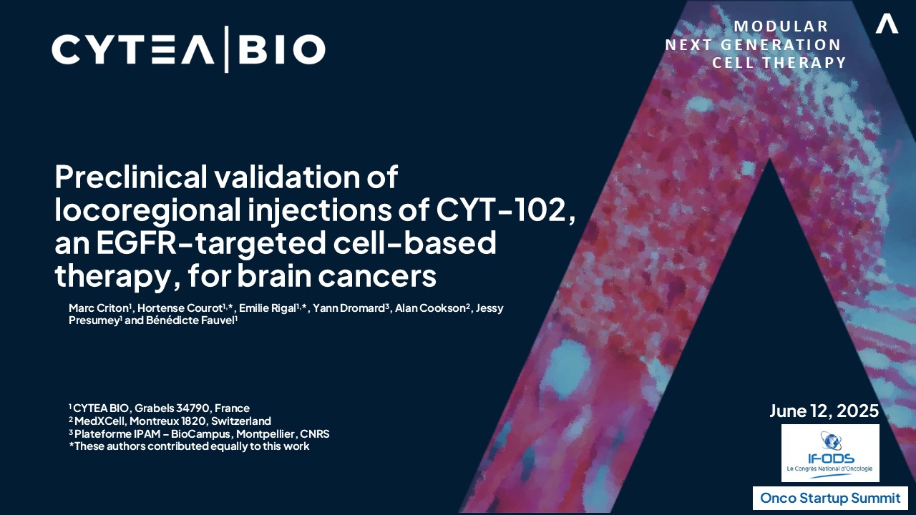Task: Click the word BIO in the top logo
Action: [282, 49]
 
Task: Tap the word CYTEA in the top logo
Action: [133, 49]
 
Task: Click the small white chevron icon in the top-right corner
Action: [887, 24]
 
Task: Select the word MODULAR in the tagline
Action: [781, 26]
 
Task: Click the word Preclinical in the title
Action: [131, 177]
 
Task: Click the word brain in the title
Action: [274, 275]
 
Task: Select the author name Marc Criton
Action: [99, 308]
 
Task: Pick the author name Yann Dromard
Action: [349, 308]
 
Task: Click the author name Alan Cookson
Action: [430, 308]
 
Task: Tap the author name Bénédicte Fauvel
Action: [190, 320]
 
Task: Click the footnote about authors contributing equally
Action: [189, 446]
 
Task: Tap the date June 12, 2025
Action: [824, 411]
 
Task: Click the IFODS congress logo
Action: [830, 453]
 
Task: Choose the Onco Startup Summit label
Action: [830, 499]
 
